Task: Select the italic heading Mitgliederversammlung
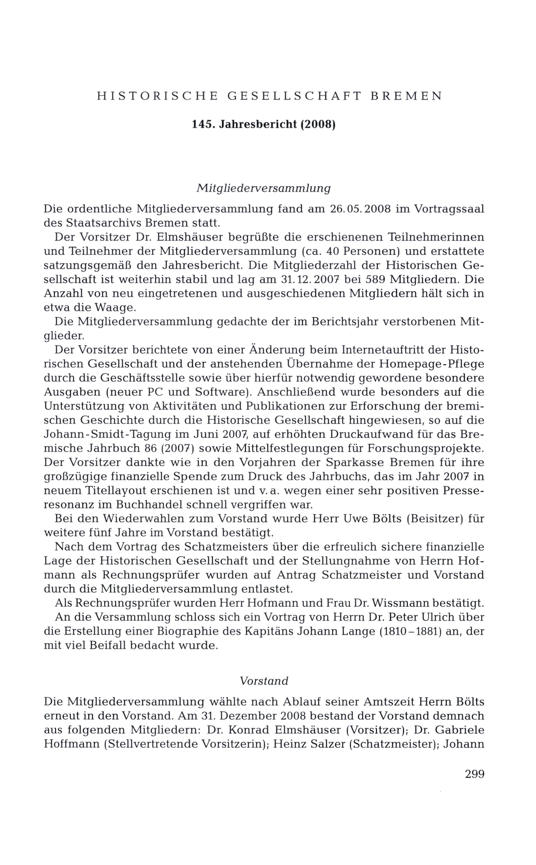[263, 188]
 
